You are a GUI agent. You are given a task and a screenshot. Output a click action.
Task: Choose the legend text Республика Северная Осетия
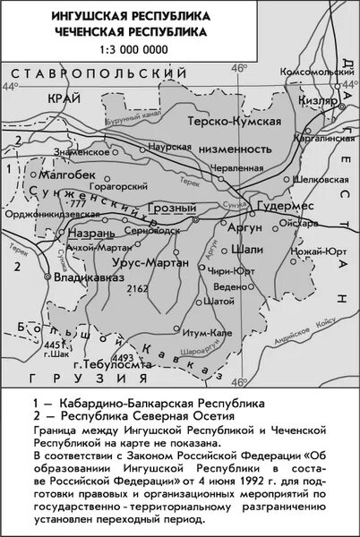[x=132, y=416]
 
